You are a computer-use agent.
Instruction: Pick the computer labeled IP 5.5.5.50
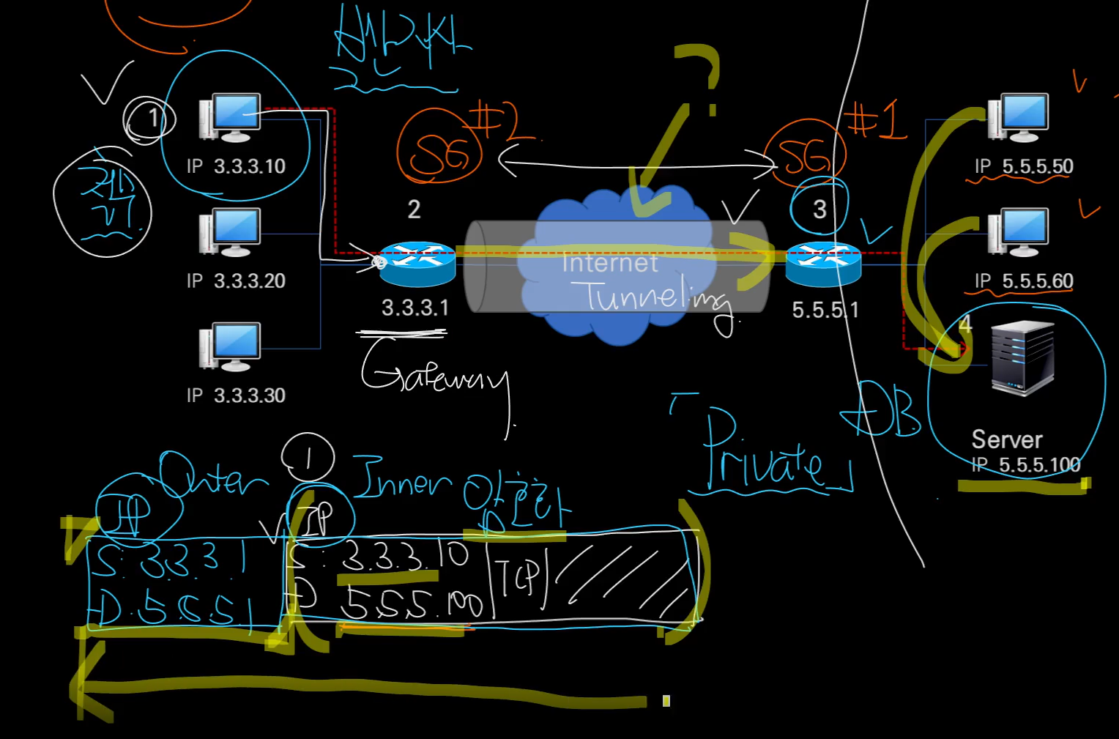point(1019,117)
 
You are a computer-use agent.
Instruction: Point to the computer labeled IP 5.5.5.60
point(1019,232)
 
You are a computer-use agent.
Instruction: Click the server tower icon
point(1022,358)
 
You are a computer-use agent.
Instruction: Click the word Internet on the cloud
point(609,263)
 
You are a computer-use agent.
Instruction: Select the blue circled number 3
point(819,209)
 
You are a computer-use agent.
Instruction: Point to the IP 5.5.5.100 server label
point(1025,464)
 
